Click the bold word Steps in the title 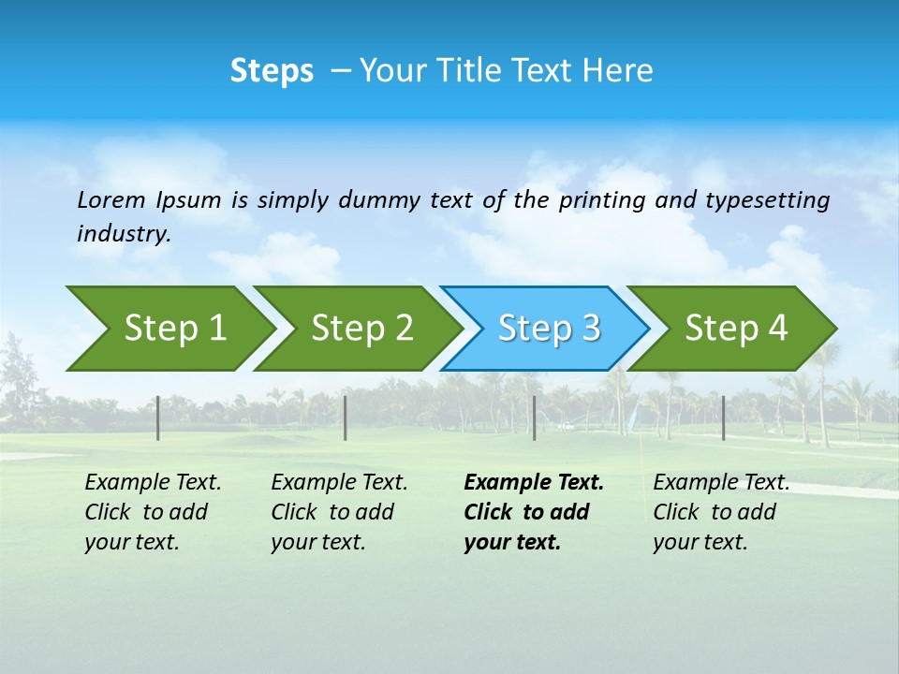point(272,71)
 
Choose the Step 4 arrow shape point(735,329)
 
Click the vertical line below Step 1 point(158,418)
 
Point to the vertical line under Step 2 point(346,418)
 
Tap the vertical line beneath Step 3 point(534,418)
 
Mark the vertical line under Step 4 point(723,418)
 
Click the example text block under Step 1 point(152,512)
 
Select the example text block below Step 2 point(338,512)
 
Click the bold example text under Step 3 point(532,512)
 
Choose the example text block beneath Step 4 point(720,512)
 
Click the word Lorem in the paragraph point(111,200)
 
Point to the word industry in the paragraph point(123,234)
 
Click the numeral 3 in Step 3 point(590,329)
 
